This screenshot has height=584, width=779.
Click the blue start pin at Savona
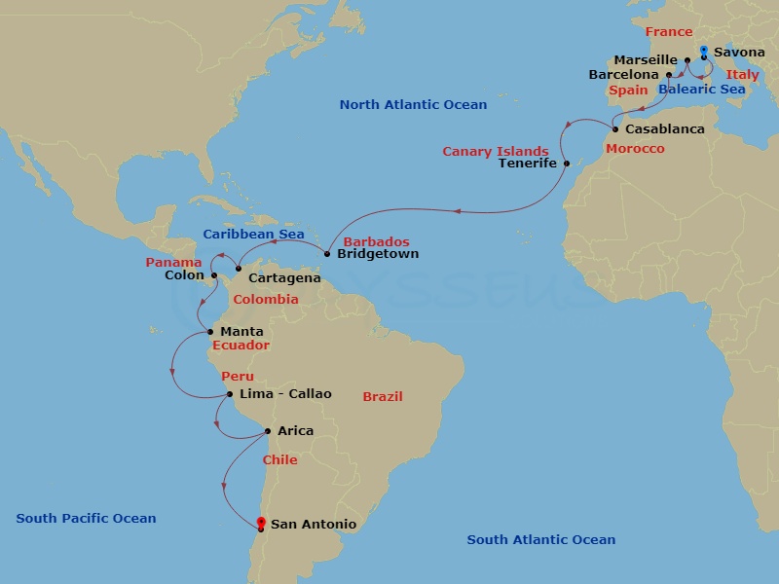[x=703, y=51]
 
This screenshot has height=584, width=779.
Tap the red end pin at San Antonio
[x=260, y=524]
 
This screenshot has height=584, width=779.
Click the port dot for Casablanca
[x=615, y=129]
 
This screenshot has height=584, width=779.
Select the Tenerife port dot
[x=566, y=164]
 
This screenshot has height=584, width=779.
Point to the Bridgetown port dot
[x=327, y=254]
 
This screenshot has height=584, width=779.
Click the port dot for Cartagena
[x=239, y=269]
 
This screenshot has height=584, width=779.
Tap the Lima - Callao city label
[x=285, y=394]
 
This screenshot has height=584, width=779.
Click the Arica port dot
[x=268, y=431]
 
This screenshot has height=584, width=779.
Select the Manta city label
[x=241, y=332]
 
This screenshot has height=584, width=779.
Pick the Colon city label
[x=185, y=275]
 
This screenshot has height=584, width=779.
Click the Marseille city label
[x=645, y=60]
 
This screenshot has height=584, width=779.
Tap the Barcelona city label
[x=624, y=75]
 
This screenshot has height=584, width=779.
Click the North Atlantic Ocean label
[x=413, y=105]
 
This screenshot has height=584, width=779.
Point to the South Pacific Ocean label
[x=86, y=519]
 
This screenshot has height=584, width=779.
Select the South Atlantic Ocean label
[x=540, y=540]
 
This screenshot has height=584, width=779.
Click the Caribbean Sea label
[x=253, y=235]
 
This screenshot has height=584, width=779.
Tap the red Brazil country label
[x=383, y=397]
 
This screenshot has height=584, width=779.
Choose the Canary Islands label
[x=496, y=152]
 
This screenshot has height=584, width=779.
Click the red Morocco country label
[x=635, y=149]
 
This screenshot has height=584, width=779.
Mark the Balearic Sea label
[x=701, y=90]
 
